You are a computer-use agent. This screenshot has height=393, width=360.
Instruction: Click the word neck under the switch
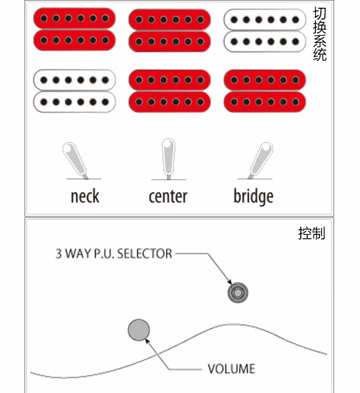point(85,196)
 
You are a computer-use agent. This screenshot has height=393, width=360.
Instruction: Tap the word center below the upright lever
point(168,196)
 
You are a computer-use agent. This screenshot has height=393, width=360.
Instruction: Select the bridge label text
point(253,196)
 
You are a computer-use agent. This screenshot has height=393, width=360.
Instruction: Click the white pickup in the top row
point(264,31)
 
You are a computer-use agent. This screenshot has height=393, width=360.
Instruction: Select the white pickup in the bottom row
point(74,91)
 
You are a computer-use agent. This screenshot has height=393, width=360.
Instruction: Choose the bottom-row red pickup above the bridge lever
point(264,91)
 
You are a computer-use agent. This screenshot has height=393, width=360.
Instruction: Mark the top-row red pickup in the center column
point(170,31)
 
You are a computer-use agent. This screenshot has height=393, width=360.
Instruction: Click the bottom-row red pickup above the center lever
point(170,91)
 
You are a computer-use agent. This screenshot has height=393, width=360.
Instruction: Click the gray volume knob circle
point(139,330)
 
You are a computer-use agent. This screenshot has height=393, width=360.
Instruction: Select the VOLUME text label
point(231,368)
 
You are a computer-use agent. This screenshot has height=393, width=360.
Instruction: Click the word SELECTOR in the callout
point(144,253)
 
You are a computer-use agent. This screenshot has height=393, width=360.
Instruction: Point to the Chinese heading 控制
point(312,233)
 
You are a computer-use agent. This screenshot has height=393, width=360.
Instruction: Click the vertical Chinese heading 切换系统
point(320,34)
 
